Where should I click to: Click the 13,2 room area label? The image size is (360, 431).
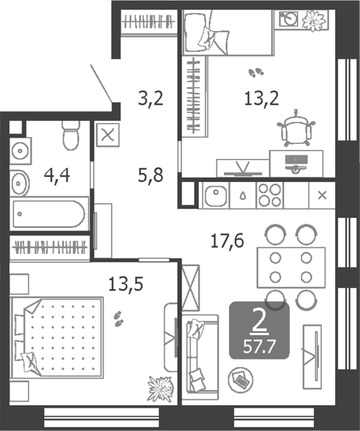click(261, 98)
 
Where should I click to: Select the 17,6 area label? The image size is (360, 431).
click(227, 241)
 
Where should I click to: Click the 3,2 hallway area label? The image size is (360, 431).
click(151, 98)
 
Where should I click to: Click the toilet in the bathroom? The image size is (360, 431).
click(71, 135)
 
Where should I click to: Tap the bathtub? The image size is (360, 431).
click(49, 214)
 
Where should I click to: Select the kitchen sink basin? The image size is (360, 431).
click(215, 195)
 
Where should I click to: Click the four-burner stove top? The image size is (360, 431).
click(269, 195)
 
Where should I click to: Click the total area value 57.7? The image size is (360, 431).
click(259, 347)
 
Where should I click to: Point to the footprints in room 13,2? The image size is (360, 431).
click(256, 72)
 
